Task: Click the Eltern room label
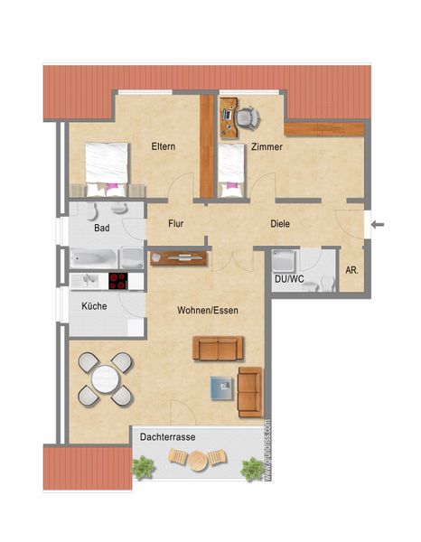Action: (164, 146)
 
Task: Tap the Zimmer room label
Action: (267, 146)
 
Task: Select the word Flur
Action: (175, 224)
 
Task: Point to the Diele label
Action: (280, 224)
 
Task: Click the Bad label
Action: (102, 228)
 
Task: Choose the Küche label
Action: (94, 306)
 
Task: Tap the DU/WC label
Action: (289, 279)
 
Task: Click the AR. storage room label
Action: (351, 270)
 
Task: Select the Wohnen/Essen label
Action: (208, 311)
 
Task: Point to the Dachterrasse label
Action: (168, 437)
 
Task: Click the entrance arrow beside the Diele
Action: (378, 225)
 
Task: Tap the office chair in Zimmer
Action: (248, 118)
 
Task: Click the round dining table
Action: (106, 379)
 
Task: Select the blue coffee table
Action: (222, 388)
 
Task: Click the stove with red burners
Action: (118, 281)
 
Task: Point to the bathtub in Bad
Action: (93, 257)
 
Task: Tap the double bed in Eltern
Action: (107, 170)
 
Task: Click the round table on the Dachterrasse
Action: (197, 461)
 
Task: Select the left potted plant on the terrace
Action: (143, 467)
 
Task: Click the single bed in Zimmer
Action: (231, 171)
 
